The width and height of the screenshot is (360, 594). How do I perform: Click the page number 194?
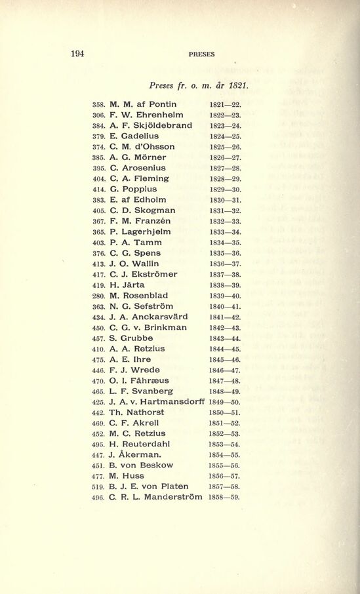(77, 54)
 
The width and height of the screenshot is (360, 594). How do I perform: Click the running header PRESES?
(201, 54)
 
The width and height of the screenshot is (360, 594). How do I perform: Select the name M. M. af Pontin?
(143, 104)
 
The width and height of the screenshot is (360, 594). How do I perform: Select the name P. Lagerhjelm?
(140, 231)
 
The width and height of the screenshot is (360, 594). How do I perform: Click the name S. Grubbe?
(131, 338)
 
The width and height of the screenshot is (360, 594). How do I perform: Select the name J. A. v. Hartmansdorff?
(157, 402)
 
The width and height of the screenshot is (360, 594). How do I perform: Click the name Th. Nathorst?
(137, 412)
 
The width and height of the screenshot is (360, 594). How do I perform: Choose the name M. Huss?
(127, 476)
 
